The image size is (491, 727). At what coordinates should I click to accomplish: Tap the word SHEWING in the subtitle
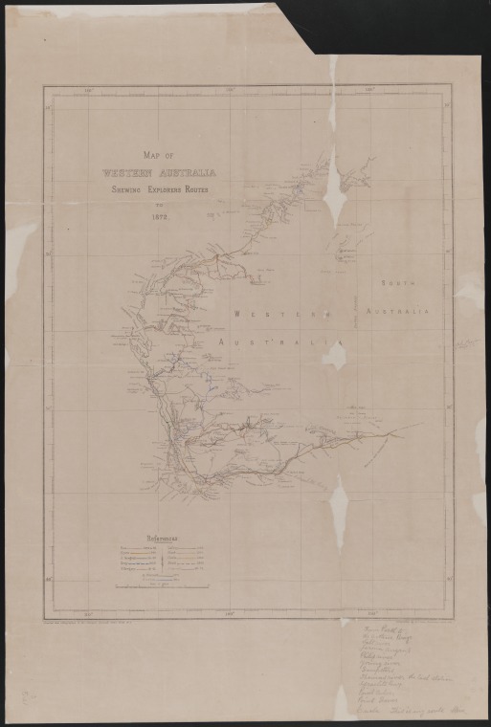coord(128,190)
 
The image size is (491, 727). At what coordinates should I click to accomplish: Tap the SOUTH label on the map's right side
coord(395,284)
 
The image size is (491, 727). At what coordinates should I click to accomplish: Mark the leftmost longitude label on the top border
coord(89,91)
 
